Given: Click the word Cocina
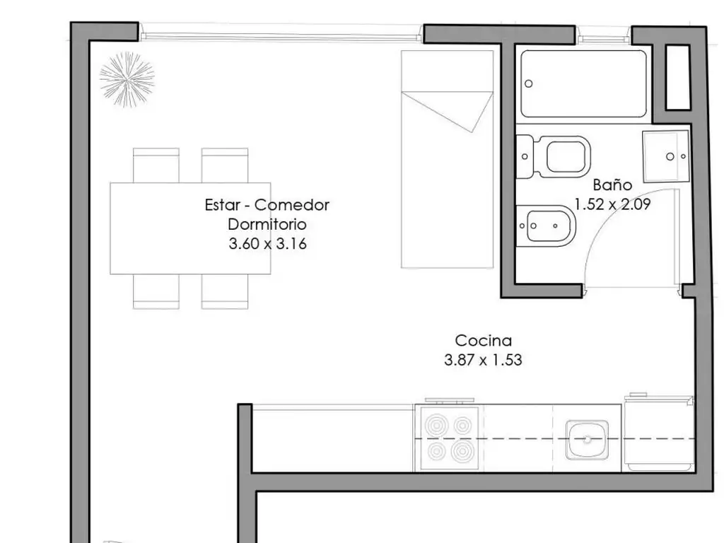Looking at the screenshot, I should pos(483,341).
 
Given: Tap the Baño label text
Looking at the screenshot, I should pos(612,185).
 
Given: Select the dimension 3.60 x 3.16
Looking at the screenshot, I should pos(267,244).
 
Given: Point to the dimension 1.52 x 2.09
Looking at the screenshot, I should pos(612,205).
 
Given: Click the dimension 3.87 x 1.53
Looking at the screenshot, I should pos(483,360).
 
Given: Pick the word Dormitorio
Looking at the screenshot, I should pos(267,225).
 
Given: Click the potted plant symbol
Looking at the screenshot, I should pos(127,79).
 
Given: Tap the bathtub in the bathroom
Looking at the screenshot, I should pos(584,84).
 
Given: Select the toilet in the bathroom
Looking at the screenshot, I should pos(559,156).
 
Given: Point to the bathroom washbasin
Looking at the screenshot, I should pos(665,156).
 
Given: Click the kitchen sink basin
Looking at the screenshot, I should pos(587,439).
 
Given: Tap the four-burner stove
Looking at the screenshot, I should pos(448,438).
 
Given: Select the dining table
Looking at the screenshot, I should pos(190,228).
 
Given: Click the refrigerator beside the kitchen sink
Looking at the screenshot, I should pos(658,433).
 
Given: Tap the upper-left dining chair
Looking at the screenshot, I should pos(156,165).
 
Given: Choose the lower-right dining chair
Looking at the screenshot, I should pos(224,291).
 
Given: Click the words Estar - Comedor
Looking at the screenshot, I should pos(267,205).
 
